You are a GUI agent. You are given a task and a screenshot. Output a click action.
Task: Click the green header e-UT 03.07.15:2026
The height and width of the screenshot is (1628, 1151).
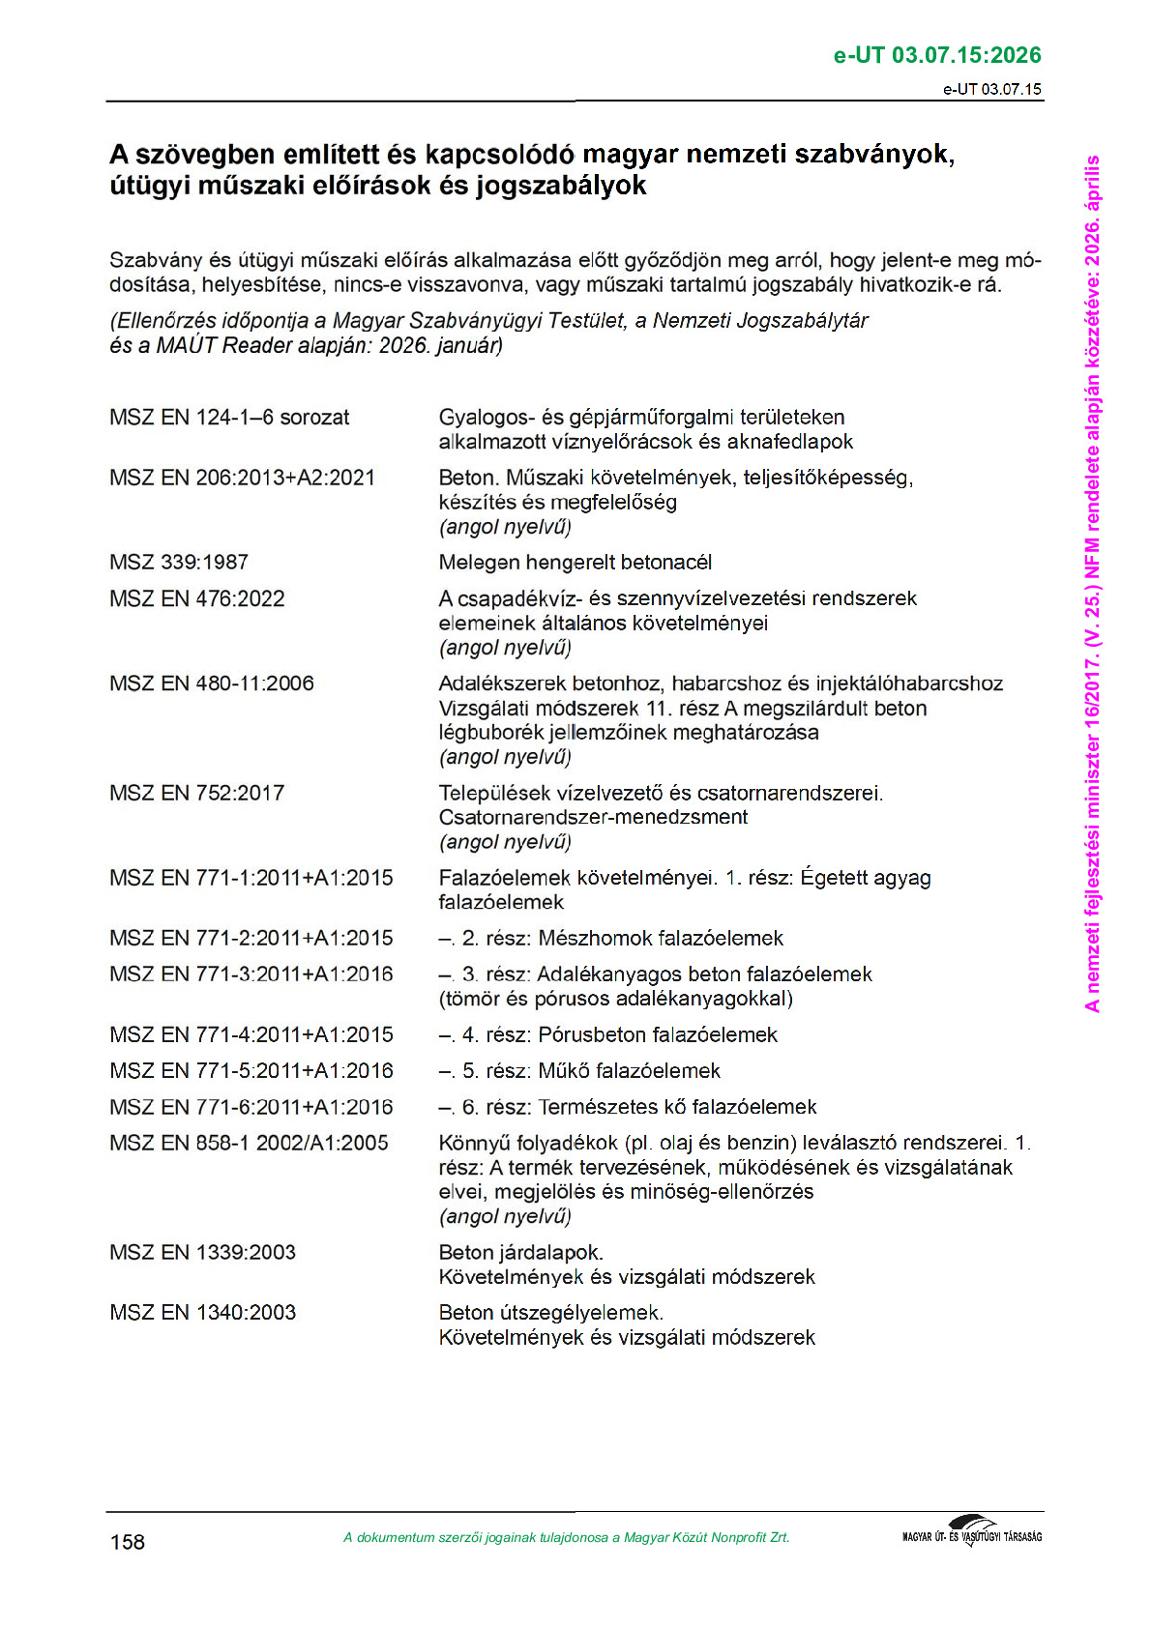[x=936, y=55]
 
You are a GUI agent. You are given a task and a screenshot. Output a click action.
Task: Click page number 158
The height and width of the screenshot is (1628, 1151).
[x=128, y=1542]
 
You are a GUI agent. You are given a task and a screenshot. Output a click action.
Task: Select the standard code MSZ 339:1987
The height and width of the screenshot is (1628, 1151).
[x=179, y=563]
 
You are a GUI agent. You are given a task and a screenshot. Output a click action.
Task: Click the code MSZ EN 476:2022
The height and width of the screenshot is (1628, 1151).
[x=197, y=599]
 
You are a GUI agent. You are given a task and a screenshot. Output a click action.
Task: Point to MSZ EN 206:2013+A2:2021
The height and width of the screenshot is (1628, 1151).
[x=242, y=478]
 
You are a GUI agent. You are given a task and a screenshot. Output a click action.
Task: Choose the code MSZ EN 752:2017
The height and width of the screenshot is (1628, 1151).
[x=197, y=794]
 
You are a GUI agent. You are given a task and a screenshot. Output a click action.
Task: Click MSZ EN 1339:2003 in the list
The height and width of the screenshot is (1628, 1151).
[x=202, y=1253]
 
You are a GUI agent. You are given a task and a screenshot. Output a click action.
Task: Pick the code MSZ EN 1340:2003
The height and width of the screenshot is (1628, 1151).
[x=202, y=1313]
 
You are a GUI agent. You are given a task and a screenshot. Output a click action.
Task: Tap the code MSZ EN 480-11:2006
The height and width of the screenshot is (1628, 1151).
[x=212, y=683]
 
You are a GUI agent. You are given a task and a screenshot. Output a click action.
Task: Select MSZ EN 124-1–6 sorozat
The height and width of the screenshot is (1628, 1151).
[x=229, y=418]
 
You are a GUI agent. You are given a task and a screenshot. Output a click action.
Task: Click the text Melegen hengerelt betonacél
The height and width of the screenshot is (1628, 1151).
[x=575, y=563]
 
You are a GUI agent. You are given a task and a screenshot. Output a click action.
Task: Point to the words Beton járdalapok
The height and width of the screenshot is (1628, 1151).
[x=520, y=1253]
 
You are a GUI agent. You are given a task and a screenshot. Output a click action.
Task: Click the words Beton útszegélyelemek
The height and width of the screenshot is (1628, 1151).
[x=550, y=1313]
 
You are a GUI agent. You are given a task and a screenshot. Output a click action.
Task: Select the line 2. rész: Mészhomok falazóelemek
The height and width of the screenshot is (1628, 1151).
[x=610, y=939]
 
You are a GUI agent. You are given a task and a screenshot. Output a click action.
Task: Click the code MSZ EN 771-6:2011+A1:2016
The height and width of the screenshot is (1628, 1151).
[x=251, y=1108]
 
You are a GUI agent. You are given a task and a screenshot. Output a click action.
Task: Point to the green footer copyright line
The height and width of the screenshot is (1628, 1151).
[x=566, y=1538]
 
